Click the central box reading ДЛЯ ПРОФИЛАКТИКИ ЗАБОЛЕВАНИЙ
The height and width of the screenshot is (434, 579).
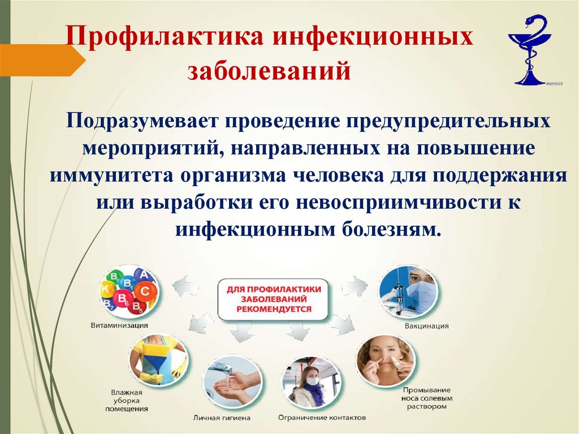click(x=274, y=298)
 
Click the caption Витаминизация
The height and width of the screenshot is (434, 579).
click(x=119, y=325)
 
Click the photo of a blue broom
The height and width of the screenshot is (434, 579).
click(x=158, y=360)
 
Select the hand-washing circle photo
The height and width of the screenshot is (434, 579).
click(x=232, y=381)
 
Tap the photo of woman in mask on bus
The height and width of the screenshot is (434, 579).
click(x=311, y=383)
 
